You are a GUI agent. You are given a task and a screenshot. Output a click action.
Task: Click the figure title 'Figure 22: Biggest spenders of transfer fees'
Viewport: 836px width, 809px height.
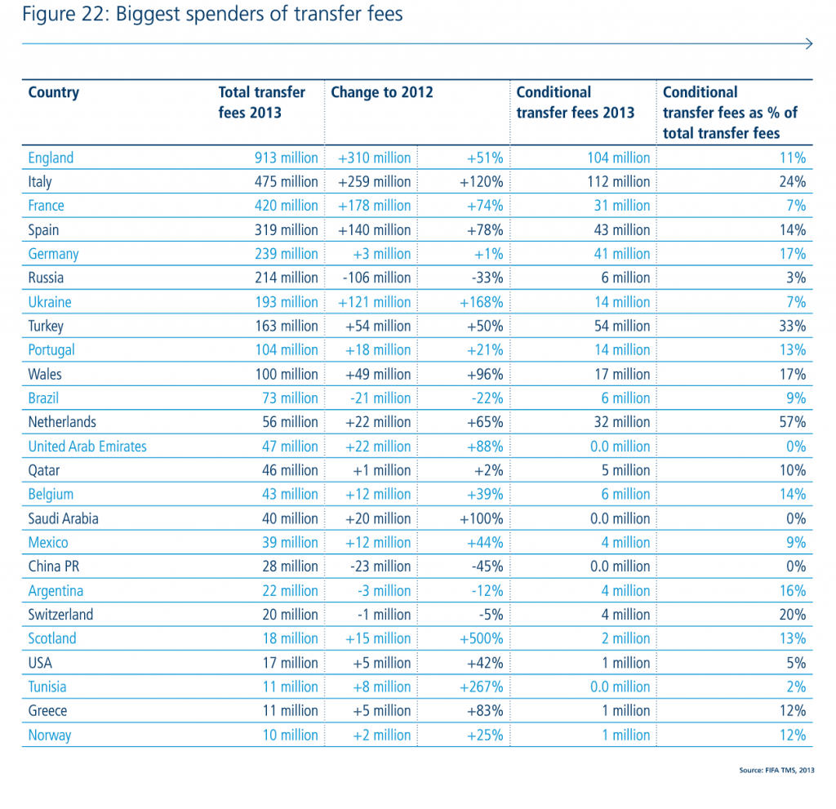(x=212, y=14)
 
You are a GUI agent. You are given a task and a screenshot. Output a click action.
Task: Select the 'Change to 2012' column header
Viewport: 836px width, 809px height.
(x=381, y=92)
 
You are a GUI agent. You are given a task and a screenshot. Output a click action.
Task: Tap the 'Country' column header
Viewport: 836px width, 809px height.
(x=53, y=92)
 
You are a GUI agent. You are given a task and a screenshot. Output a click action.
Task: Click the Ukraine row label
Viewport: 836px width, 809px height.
(x=50, y=302)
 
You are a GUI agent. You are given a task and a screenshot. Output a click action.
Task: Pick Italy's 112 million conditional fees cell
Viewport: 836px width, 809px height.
(x=618, y=181)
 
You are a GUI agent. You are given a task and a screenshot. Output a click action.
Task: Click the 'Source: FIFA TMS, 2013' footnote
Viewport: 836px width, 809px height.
(x=776, y=770)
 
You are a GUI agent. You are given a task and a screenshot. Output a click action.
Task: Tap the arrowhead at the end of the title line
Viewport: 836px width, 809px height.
(x=808, y=44)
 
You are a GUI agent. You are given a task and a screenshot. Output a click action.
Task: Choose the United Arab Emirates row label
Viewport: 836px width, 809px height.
(x=87, y=447)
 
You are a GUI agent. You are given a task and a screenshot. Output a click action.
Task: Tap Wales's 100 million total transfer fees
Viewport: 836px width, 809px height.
(x=287, y=374)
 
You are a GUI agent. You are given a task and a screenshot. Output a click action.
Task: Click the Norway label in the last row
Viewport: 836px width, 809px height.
(x=50, y=735)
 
